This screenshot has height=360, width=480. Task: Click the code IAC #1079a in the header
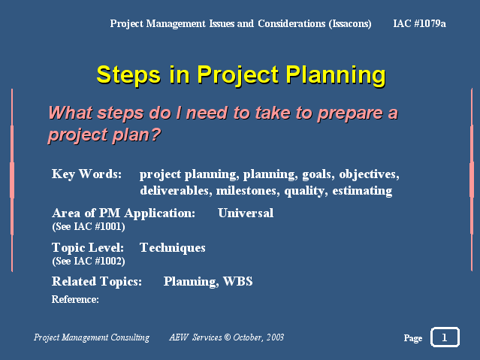[x=419, y=23]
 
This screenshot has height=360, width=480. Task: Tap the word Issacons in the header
[x=350, y=23]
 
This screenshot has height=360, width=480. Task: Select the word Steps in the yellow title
[x=128, y=74]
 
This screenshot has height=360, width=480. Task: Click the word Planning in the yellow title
[x=336, y=74]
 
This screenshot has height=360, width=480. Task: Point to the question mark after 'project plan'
[x=155, y=134]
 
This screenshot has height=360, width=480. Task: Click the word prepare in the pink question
[x=350, y=113]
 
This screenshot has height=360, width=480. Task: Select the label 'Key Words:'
[x=86, y=174]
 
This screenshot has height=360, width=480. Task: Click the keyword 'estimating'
[x=363, y=191]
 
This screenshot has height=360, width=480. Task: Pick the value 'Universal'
[x=246, y=213]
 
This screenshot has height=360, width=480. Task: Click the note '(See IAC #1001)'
[x=89, y=226]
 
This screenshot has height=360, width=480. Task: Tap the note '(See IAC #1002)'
[x=89, y=261]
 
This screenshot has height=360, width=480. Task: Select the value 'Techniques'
[x=172, y=247]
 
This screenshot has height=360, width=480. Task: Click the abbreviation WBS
[x=238, y=281]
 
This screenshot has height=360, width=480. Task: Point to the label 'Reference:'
[x=75, y=299]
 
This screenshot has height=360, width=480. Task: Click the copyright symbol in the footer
[x=227, y=337]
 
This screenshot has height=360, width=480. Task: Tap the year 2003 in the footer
[x=275, y=337]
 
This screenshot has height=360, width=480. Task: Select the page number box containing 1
[x=445, y=337]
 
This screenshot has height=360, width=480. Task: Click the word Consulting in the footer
[x=130, y=337]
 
